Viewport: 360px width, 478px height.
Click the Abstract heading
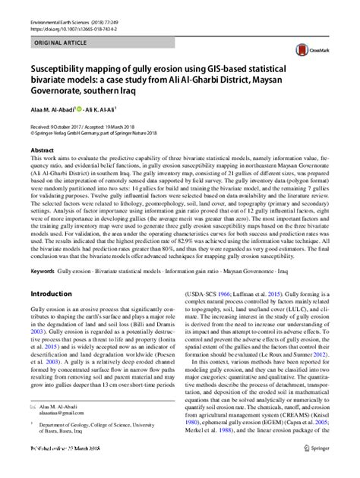pos(42,151)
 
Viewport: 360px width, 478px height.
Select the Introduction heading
pos(55,272)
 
